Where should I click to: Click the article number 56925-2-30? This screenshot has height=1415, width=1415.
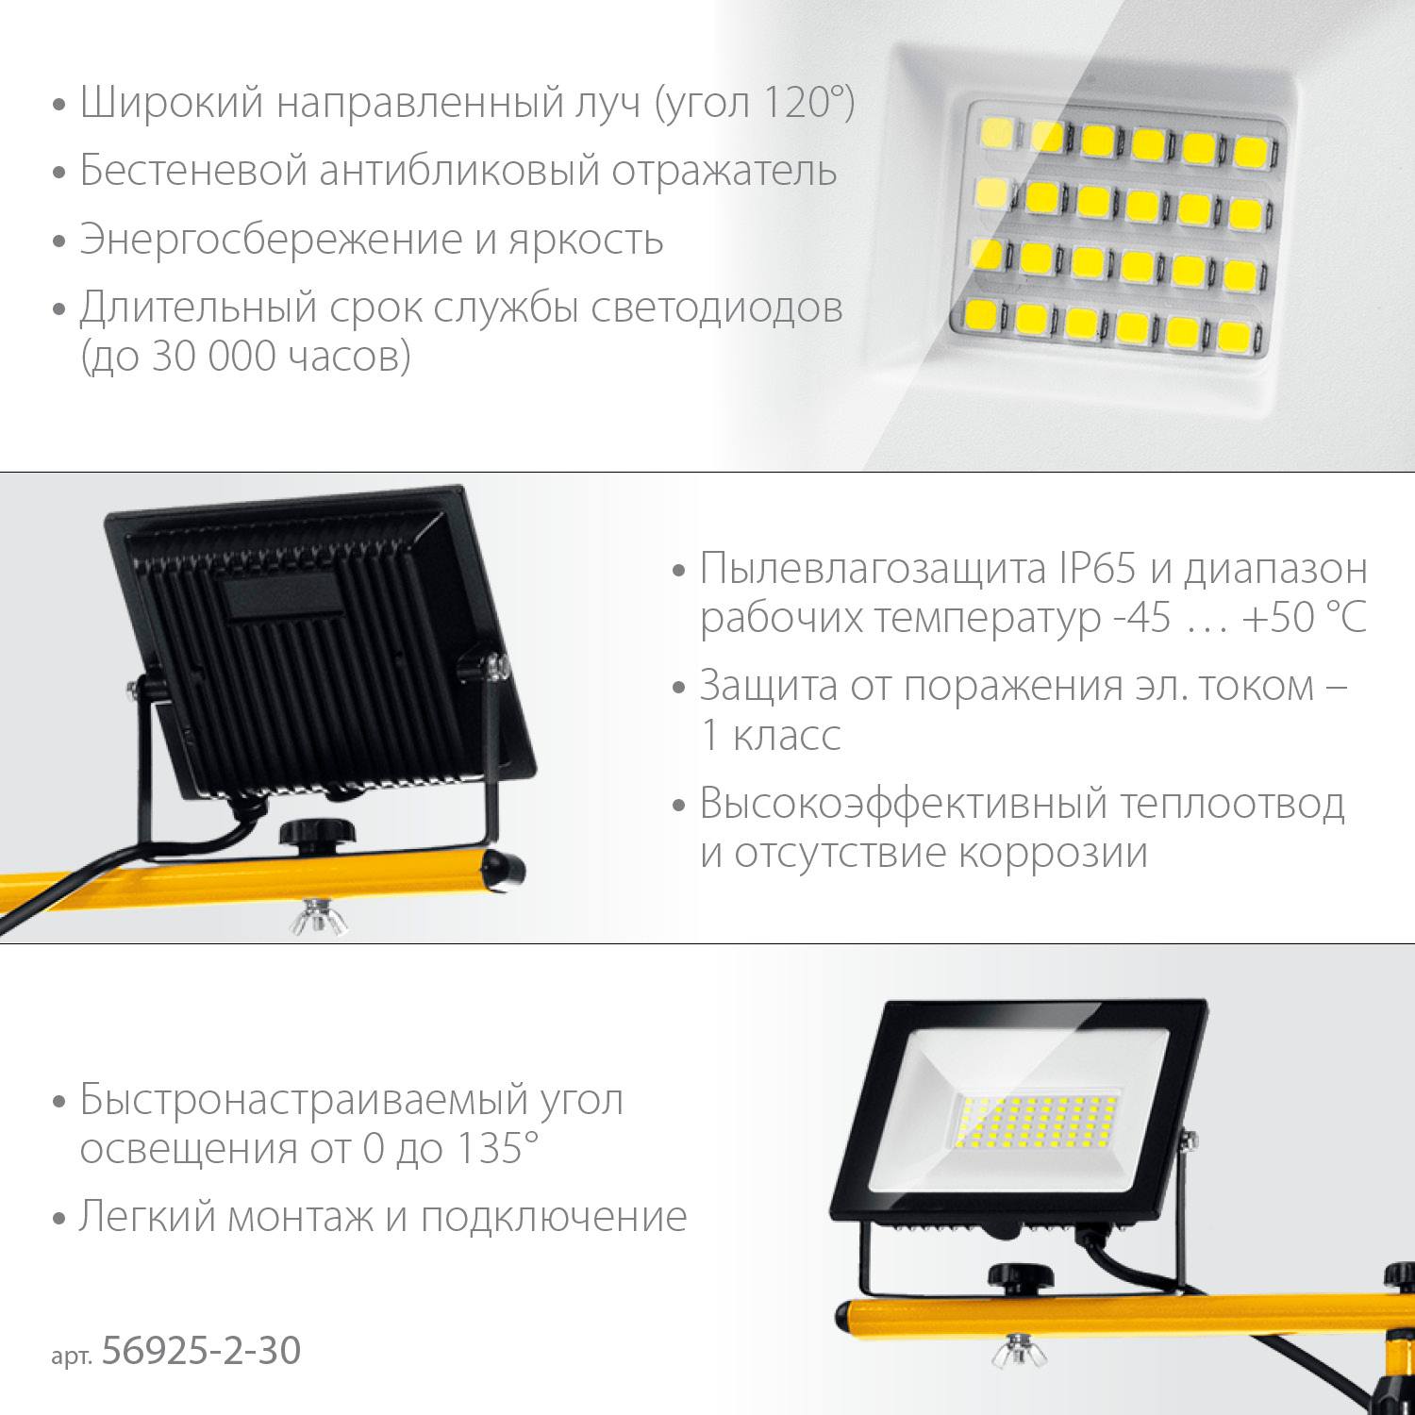click(201, 1351)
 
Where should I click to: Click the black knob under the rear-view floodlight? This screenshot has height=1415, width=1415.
click(313, 835)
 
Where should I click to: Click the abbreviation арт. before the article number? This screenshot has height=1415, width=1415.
click(72, 1356)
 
